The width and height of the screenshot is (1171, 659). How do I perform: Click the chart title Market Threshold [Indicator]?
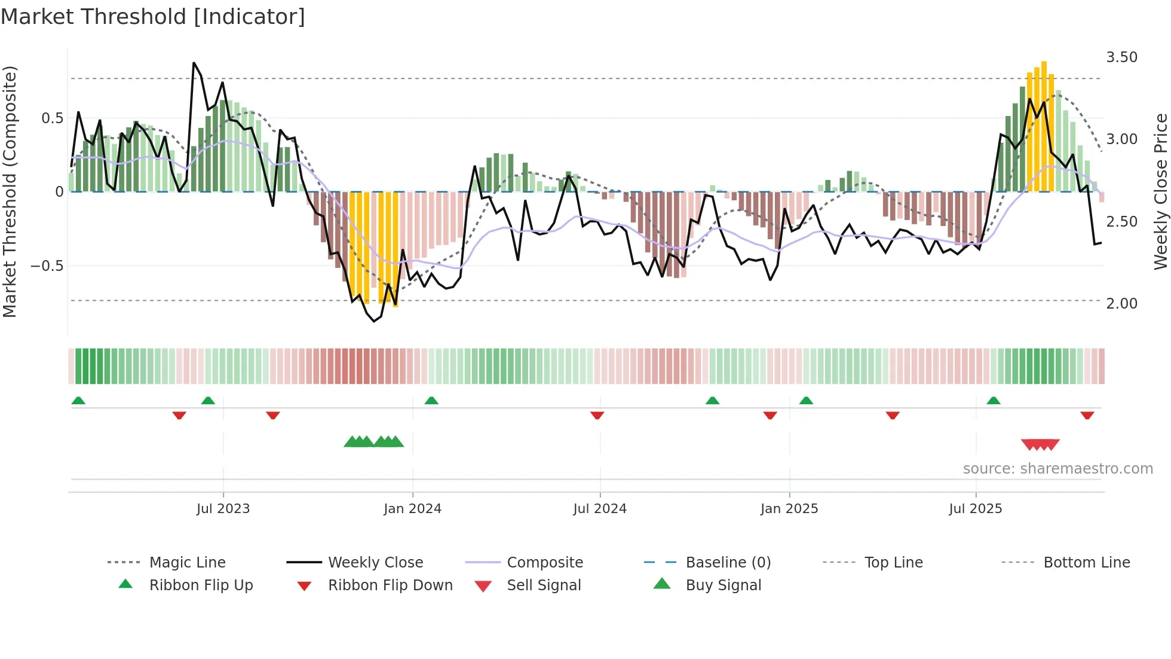click(x=153, y=17)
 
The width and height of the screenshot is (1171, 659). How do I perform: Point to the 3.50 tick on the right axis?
click(x=1121, y=57)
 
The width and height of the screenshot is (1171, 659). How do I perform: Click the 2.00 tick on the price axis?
click(x=1121, y=304)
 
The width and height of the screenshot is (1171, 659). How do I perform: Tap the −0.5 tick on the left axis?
click(x=47, y=266)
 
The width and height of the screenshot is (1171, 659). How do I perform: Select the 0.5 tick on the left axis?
click(x=53, y=118)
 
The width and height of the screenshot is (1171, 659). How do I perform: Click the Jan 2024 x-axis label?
click(x=412, y=509)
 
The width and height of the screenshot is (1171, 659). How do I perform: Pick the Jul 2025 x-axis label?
click(x=975, y=509)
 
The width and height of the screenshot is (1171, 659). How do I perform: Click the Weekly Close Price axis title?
click(x=1160, y=191)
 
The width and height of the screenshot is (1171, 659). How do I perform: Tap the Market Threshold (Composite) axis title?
click(x=10, y=191)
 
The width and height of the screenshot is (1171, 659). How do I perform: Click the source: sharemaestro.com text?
click(x=1057, y=469)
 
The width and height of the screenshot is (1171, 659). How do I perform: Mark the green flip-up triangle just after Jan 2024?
click(x=431, y=401)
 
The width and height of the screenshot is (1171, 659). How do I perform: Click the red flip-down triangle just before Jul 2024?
click(x=597, y=415)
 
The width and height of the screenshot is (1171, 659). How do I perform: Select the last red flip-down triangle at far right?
click(x=1087, y=415)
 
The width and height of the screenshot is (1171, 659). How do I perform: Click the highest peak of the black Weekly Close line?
click(x=194, y=63)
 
